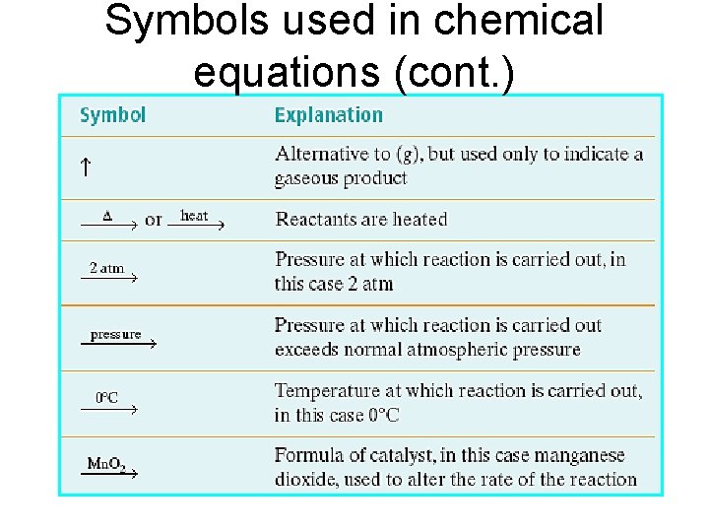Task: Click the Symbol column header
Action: tap(112, 115)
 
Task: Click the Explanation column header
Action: tap(328, 115)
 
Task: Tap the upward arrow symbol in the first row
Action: tap(86, 166)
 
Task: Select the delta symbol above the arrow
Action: tap(107, 215)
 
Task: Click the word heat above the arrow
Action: tap(194, 215)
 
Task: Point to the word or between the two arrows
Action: tap(153, 220)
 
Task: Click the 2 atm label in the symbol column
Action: tap(106, 267)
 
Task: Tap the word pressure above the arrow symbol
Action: tap(115, 334)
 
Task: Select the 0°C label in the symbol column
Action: tap(106, 398)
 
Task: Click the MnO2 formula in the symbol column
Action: tap(106, 464)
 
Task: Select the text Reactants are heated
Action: tap(361, 219)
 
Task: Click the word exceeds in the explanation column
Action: tap(309, 350)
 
